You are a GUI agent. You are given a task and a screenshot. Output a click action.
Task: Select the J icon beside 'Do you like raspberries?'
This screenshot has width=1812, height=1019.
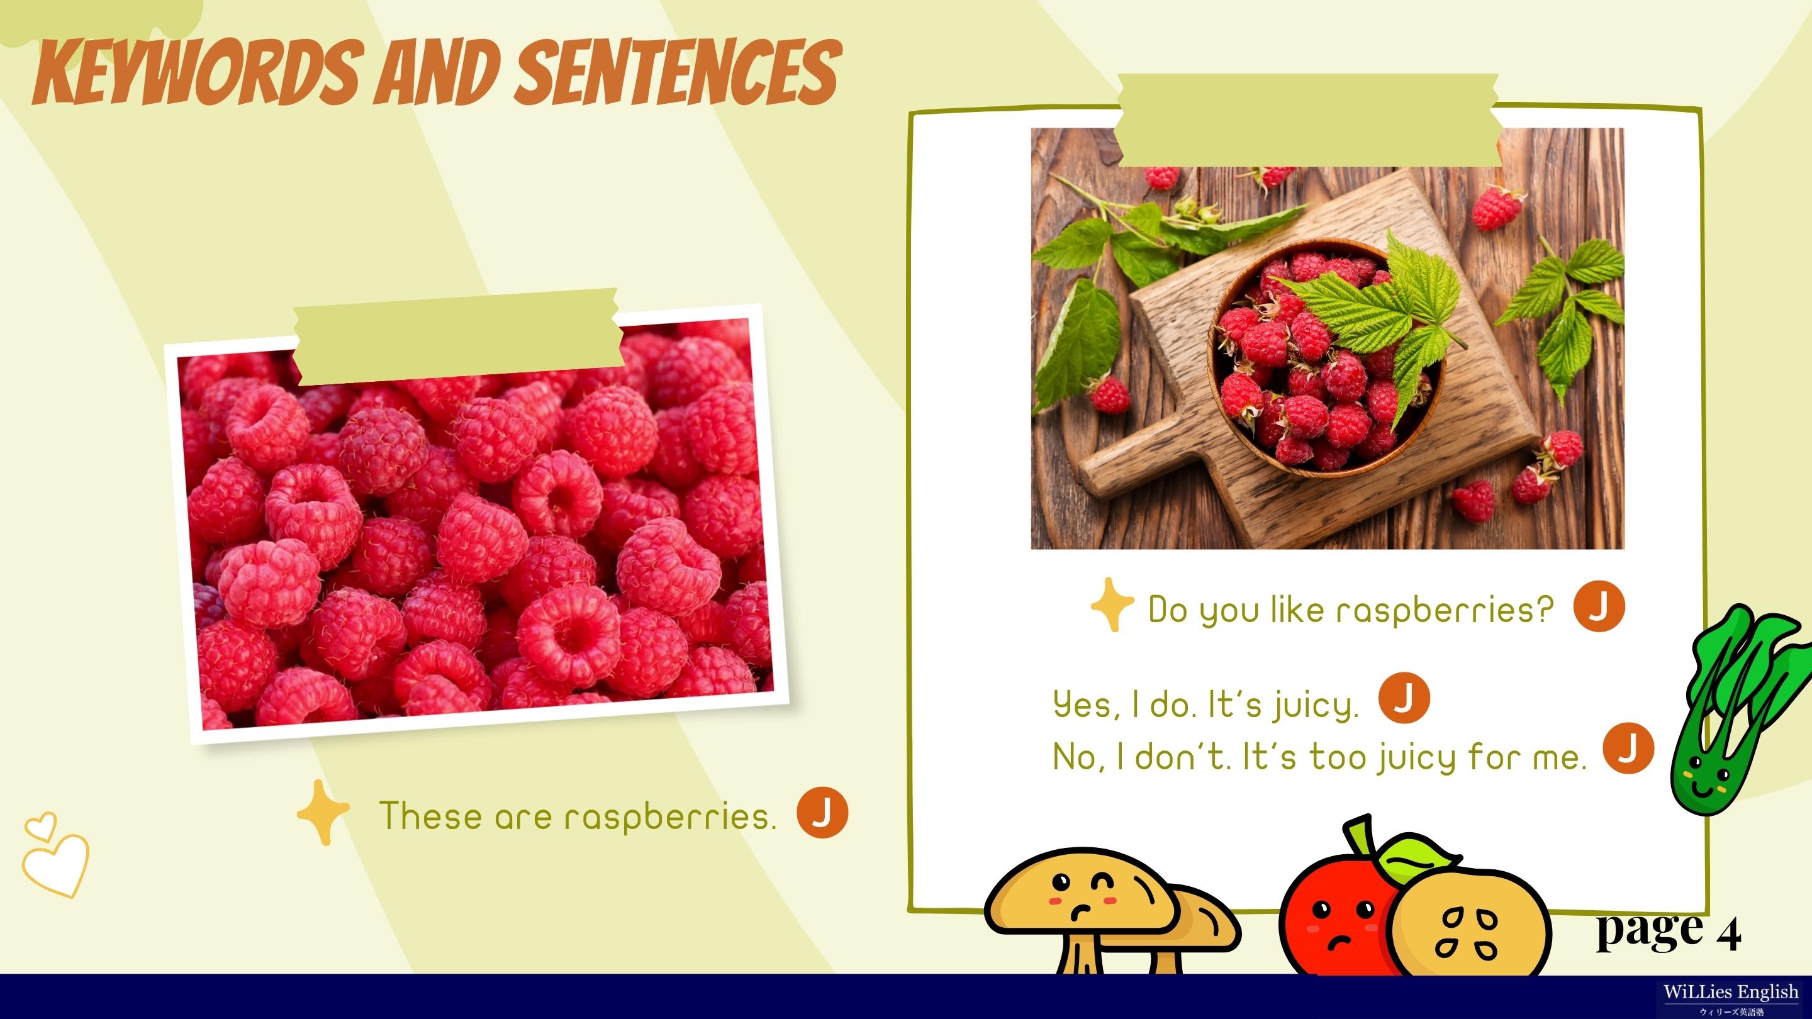point(1599,606)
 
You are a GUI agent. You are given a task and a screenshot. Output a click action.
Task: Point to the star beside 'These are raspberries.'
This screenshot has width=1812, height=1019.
point(323,812)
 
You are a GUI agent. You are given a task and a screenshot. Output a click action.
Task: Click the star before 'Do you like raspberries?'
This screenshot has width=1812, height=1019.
point(1112,604)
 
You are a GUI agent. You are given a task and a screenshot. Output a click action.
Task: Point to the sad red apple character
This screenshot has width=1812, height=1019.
point(1340,907)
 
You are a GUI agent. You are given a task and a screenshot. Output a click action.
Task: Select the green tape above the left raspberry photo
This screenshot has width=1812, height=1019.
point(458,338)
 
